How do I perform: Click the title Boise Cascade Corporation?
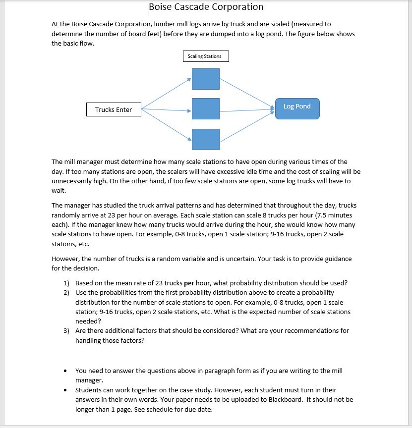[206, 7]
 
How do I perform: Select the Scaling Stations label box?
[205, 56]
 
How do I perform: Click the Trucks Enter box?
[114, 109]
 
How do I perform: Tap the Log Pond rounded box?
[297, 108]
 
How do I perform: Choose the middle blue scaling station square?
[206, 109]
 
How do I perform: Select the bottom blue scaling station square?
[206, 139]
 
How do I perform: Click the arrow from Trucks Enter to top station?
[166, 93]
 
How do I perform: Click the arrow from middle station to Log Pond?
[246, 110]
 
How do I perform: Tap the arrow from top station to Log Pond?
[246, 92]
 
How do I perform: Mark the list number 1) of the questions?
[66, 283]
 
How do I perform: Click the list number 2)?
[66, 293]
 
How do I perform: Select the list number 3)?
[66, 331]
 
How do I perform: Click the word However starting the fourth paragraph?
[65, 259]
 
